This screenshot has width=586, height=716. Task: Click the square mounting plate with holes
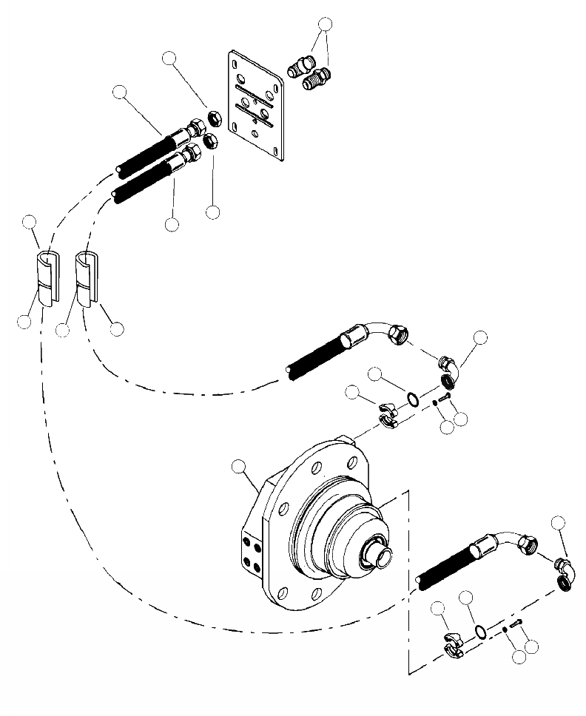click(x=256, y=104)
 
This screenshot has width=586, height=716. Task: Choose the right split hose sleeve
click(x=87, y=277)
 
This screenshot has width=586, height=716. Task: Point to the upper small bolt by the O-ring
click(x=445, y=398)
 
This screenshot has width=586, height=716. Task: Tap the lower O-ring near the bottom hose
click(x=479, y=631)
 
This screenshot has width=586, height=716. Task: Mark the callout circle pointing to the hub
click(x=238, y=466)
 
